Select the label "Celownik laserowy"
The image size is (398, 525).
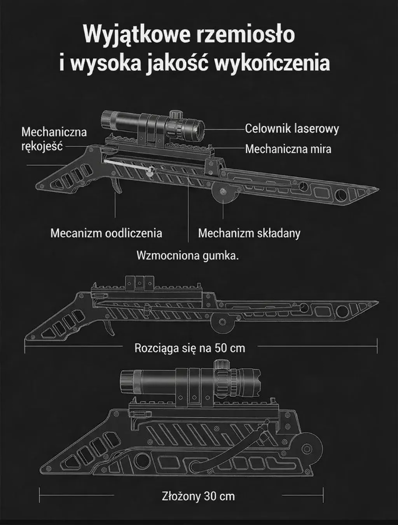[292, 129]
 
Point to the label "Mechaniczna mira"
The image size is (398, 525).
[288, 149]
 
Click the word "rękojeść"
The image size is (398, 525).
[42, 146]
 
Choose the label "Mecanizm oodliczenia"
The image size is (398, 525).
[106, 233]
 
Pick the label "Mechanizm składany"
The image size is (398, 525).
[249, 233]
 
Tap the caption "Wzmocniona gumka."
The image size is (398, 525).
[188, 256]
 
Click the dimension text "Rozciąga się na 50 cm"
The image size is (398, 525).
[189, 348]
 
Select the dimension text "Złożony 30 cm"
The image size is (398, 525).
[198, 496]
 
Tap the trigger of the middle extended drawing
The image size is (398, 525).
[110, 326]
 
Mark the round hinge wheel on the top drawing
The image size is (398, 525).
[222, 192]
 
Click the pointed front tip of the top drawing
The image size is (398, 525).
[378, 189]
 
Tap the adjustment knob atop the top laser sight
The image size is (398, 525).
[174, 115]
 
